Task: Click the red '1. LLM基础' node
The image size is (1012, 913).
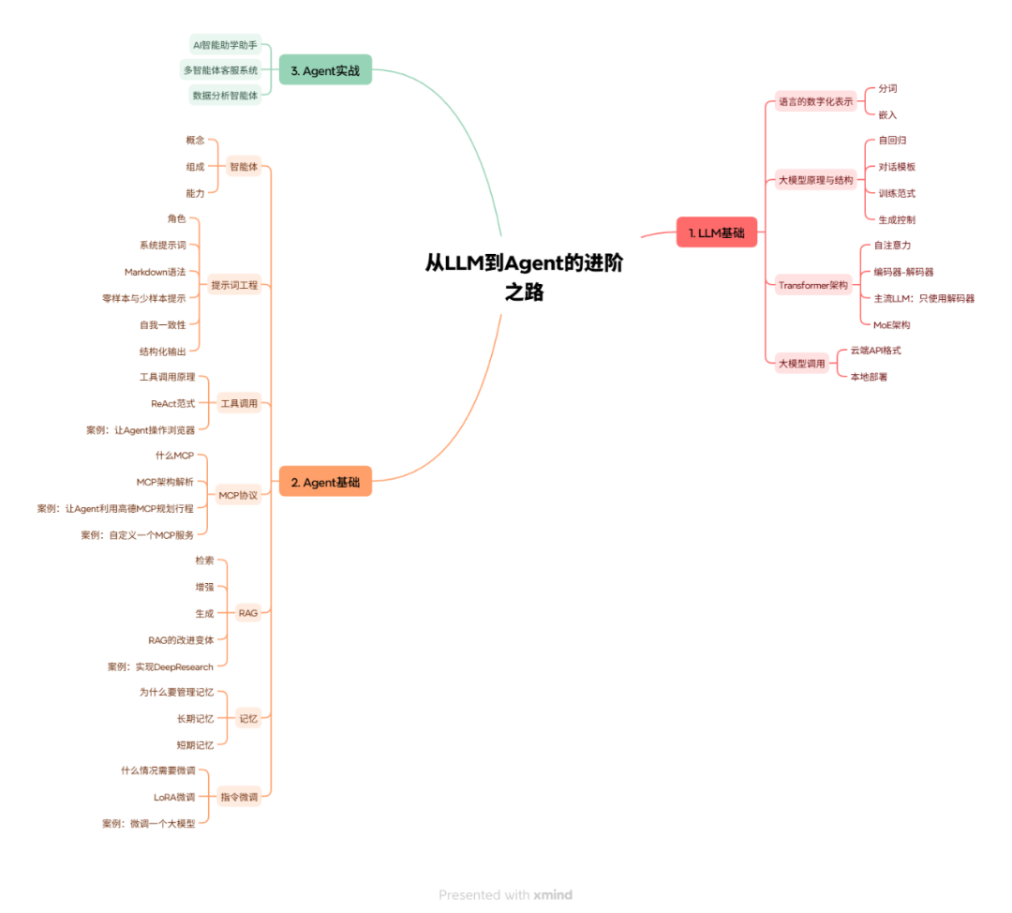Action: [716, 232]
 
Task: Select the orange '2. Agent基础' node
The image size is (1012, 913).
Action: [325, 482]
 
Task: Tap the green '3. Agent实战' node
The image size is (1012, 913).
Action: [325, 70]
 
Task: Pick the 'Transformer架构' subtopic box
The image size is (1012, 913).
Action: [813, 285]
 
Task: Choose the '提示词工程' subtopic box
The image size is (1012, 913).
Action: [234, 285]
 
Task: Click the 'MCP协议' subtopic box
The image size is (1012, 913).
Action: [238, 494]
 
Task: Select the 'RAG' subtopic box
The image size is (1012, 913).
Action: [247, 613]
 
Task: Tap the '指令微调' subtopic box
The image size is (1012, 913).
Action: [238, 797]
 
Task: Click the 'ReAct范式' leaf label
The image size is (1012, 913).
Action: [172, 403]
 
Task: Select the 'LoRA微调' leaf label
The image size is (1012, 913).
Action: [174, 797]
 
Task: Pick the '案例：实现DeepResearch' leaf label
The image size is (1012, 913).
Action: [160, 666]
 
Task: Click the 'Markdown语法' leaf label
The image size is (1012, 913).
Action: [155, 272]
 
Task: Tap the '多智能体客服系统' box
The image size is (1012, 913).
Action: [220, 70]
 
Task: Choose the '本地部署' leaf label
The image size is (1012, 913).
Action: [869, 376]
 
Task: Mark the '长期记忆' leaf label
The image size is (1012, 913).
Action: [195, 719]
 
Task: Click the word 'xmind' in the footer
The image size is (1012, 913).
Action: [553, 895]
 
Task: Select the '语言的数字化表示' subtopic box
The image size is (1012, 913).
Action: [816, 101]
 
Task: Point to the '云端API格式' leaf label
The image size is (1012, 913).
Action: [875, 350]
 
